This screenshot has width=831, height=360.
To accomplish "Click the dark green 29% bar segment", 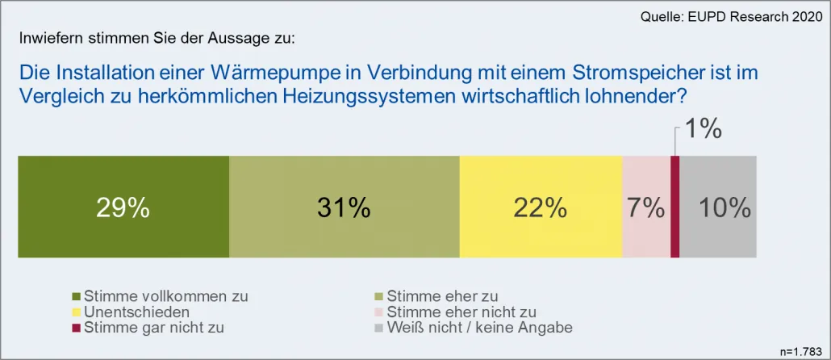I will [123, 207].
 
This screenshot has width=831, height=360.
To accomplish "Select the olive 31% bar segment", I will [344, 207].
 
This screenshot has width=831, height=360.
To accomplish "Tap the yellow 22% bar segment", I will [541, 207].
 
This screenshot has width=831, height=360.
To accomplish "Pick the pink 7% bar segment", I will [646, 207].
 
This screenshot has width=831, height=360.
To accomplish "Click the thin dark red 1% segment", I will [675, 207].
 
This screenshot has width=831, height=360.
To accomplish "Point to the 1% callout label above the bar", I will [703, 129].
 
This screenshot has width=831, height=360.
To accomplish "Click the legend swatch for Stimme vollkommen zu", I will [77, 296].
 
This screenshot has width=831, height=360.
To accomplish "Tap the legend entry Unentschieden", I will [137, 312].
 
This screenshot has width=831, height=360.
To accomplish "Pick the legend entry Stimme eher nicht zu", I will [461, 312].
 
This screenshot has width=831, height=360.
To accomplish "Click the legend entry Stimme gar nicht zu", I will [154, 327].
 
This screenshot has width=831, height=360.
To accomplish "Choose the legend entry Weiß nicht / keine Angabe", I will [480, 327].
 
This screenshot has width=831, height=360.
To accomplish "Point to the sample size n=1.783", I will [802, 350].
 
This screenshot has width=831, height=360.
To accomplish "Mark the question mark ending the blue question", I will [681, 96].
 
